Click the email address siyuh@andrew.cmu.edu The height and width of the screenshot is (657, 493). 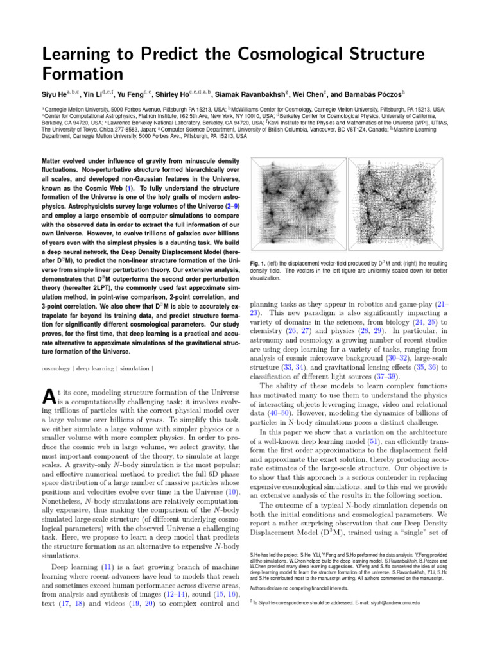(x=388, y=602)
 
